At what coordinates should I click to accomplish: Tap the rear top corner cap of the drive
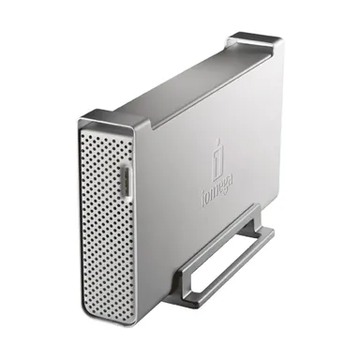point(253,41)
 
